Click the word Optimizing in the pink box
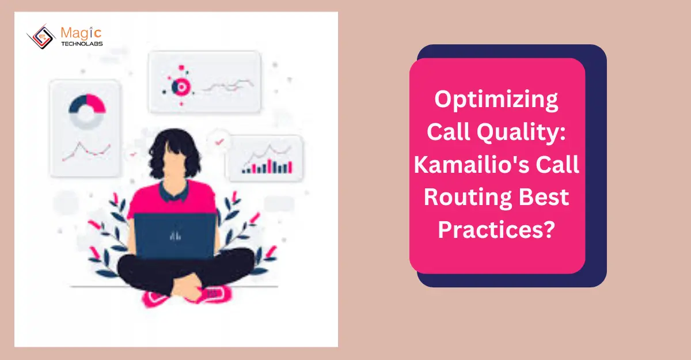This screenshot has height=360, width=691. tap(497, 100)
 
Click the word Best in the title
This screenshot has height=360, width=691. tap(542, 198)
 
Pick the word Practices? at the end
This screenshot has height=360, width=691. tap(496, 230)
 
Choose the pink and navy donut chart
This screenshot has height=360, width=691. tap(87, 110)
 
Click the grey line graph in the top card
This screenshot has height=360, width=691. tap(227, 86)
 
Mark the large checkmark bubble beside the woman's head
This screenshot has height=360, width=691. tap(219, 140)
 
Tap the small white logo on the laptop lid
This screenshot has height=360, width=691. tap(175, 236)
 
